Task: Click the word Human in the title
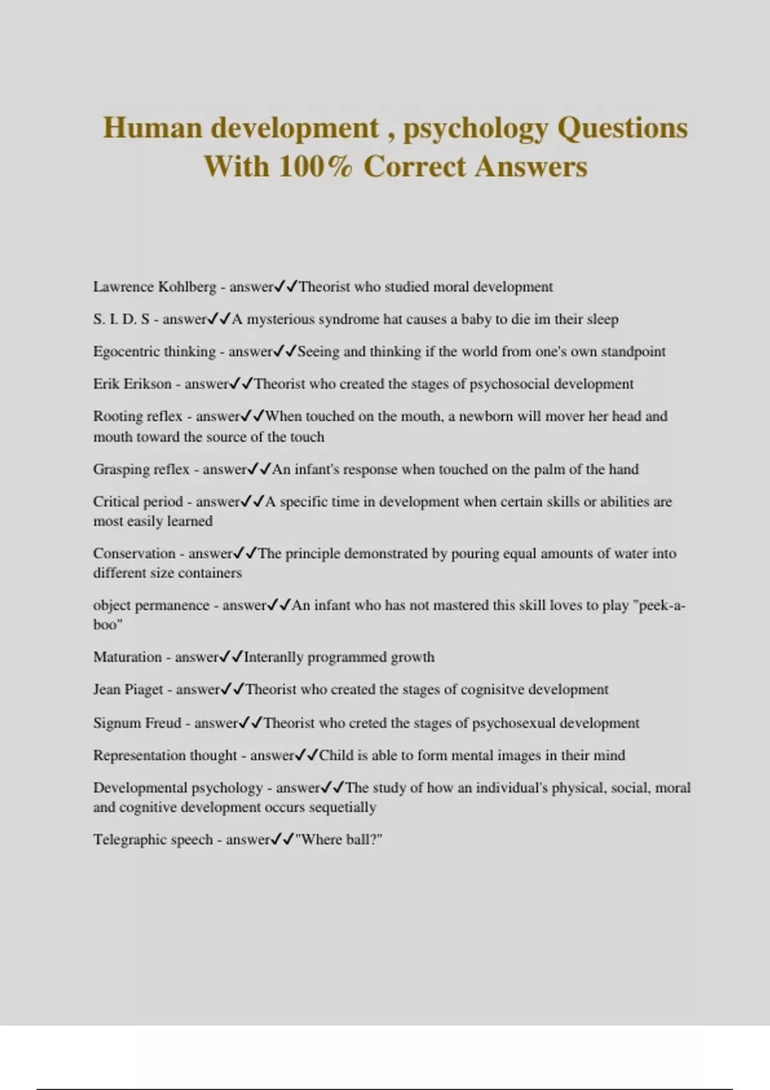[152, 128]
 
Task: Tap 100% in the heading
[316, 167]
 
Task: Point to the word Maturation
[127, 657]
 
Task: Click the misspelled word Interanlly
[274, 657]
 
